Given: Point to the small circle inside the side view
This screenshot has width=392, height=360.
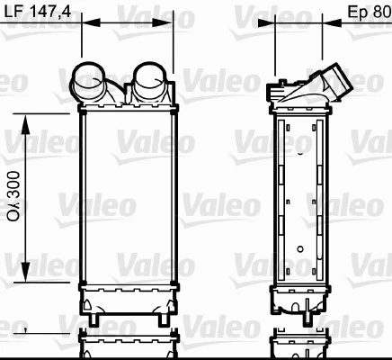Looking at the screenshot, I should click(299, 246).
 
